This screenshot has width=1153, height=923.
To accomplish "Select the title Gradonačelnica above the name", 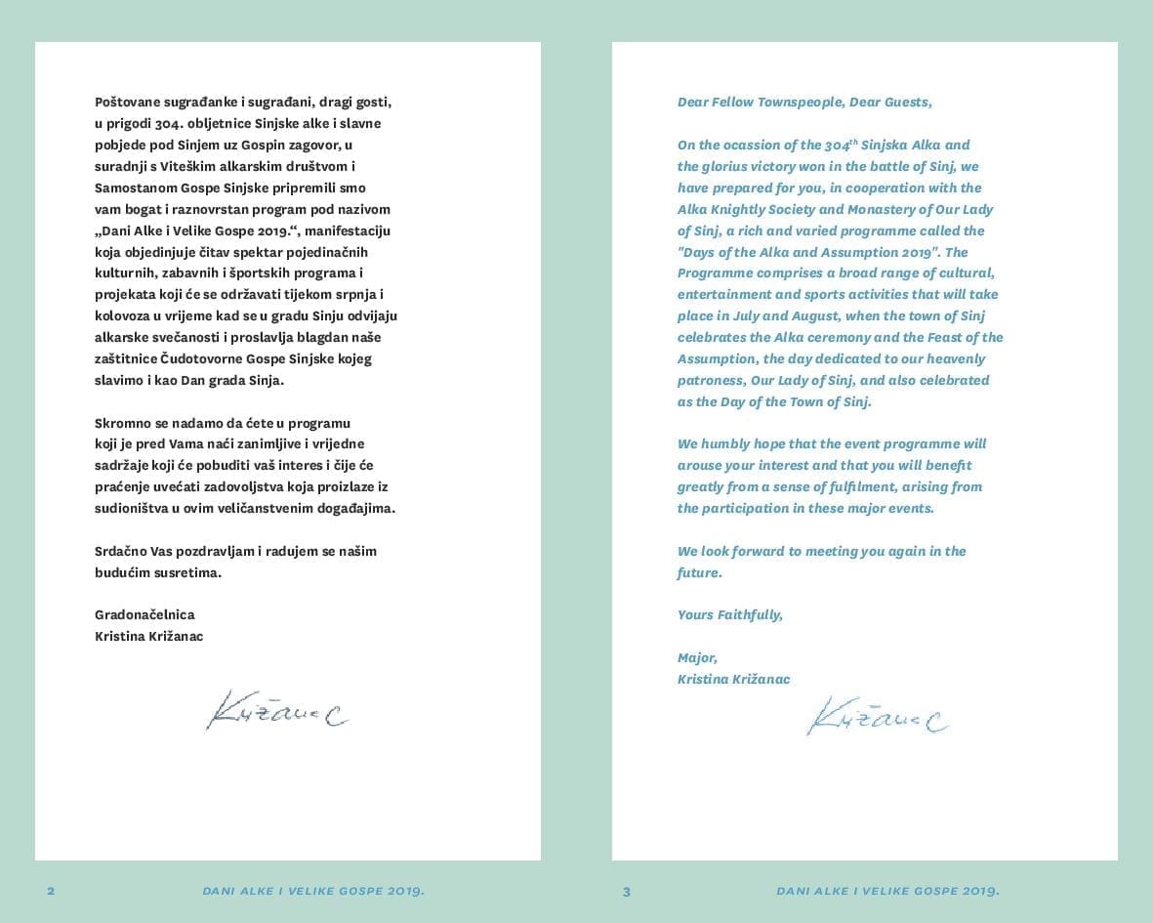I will [x=144, y=614].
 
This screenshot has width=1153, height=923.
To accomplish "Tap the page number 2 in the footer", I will [x=51, y=891].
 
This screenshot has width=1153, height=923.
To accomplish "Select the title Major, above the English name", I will [x=697, y=657].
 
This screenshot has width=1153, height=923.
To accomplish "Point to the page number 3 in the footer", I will [x=627, y=891].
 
